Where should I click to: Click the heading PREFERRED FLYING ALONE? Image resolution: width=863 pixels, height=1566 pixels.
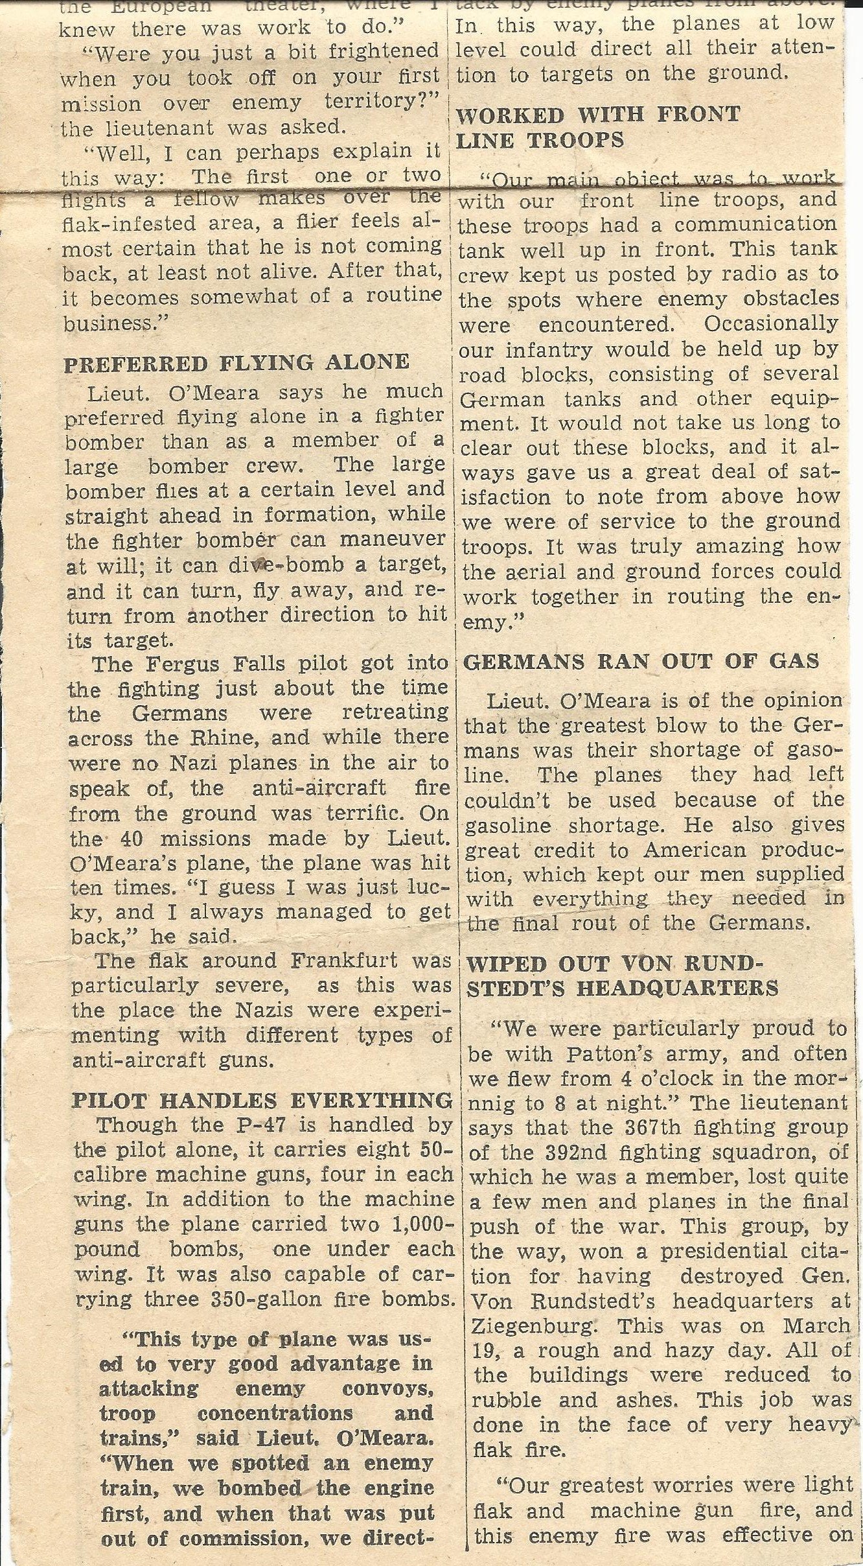(236, 362)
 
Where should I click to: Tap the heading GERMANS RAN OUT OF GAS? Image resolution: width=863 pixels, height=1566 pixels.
(641, 661)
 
